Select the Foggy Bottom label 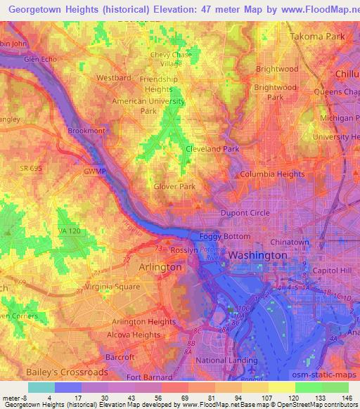coord(220,237)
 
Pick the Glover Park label coord(174,186)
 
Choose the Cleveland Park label coord(212,150)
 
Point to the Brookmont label coord(86,131)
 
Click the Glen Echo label coord(40,60)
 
